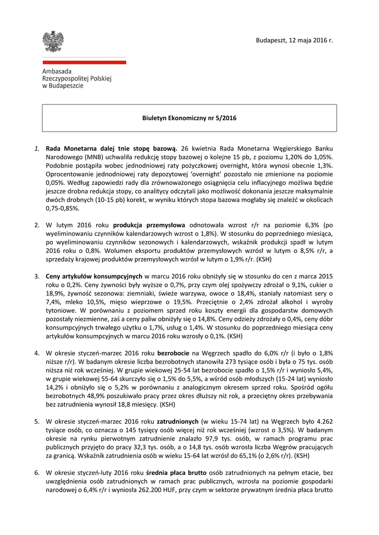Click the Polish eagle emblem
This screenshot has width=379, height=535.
[53, 41]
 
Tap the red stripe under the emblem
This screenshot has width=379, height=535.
[84, 62]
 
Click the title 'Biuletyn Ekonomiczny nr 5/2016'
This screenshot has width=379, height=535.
[189, 118]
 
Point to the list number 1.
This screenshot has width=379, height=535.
[37, 148]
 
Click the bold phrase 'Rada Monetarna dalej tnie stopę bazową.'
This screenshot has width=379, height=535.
[111, 148]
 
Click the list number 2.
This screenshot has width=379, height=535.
[37, 225]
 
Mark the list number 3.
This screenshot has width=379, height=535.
[37, 276]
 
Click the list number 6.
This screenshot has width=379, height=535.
[37, 472]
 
